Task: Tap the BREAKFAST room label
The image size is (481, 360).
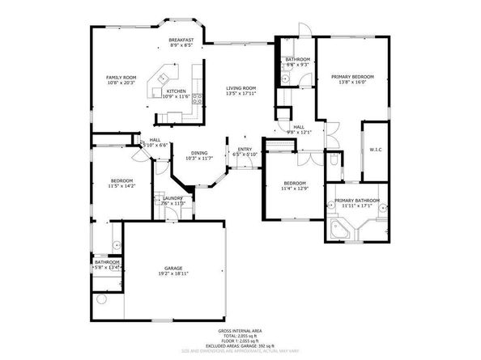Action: [x=180, y=40]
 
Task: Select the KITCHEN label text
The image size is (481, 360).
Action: [x=176, y=91]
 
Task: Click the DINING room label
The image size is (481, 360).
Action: [x=198, y=153]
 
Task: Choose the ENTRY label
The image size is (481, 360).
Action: [x=244, y=149]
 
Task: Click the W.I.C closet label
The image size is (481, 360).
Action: [x=375, y=149]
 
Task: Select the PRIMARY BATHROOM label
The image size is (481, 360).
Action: [x=356, y=200]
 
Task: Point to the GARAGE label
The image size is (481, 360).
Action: [x=173, y=268]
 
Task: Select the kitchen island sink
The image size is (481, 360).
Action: [x=162, y=78]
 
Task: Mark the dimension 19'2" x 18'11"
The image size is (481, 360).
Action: [x=173, y=274]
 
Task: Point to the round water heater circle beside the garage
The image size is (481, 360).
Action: [x=102, y=300]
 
